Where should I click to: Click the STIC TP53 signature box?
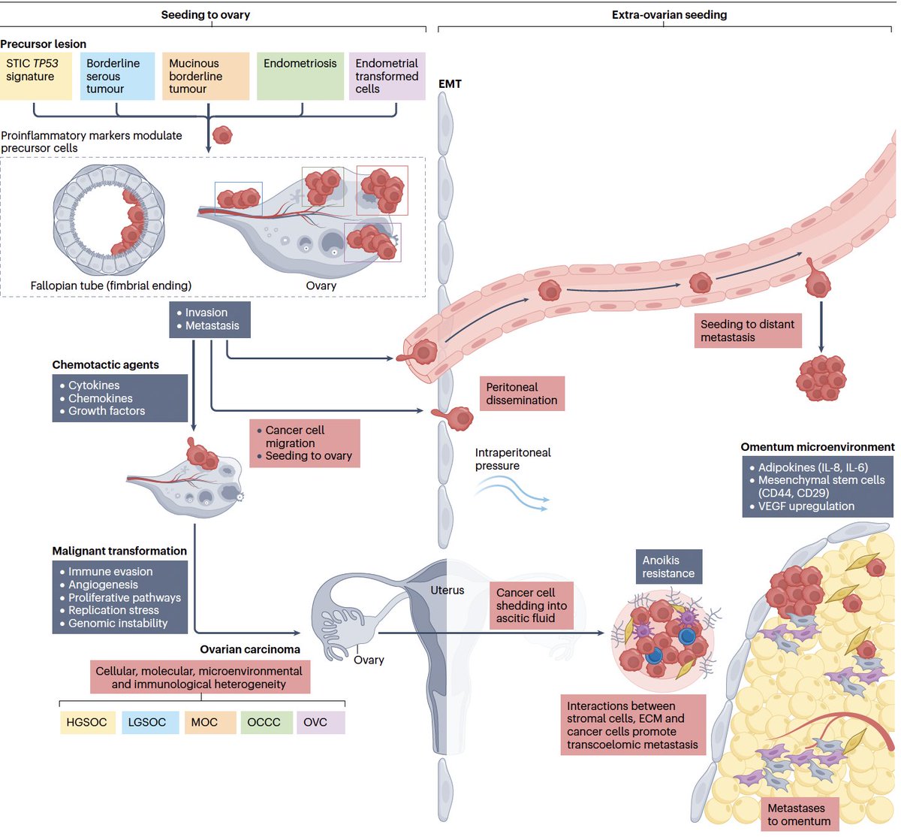tap(36, 76)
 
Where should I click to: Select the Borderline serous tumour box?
tap(116, 76)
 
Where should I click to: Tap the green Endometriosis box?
tap(300, 76)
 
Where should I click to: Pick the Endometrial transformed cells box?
tap(387, 76)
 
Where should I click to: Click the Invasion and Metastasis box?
tap(209, 319)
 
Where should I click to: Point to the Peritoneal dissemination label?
tap(522, 394)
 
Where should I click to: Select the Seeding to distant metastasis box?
tap(747, 331)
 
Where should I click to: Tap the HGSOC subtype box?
tap(87, 722)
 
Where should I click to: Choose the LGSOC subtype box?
tap(147, 722)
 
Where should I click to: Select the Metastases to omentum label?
tap(798, 814)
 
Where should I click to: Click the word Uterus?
tap(447, 591)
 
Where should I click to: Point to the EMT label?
tap(450, 84)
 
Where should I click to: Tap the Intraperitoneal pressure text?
tap(513, 459)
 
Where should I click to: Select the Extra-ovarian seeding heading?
tap(669, 15)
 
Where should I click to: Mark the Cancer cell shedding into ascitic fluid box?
tap(531, 606)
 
